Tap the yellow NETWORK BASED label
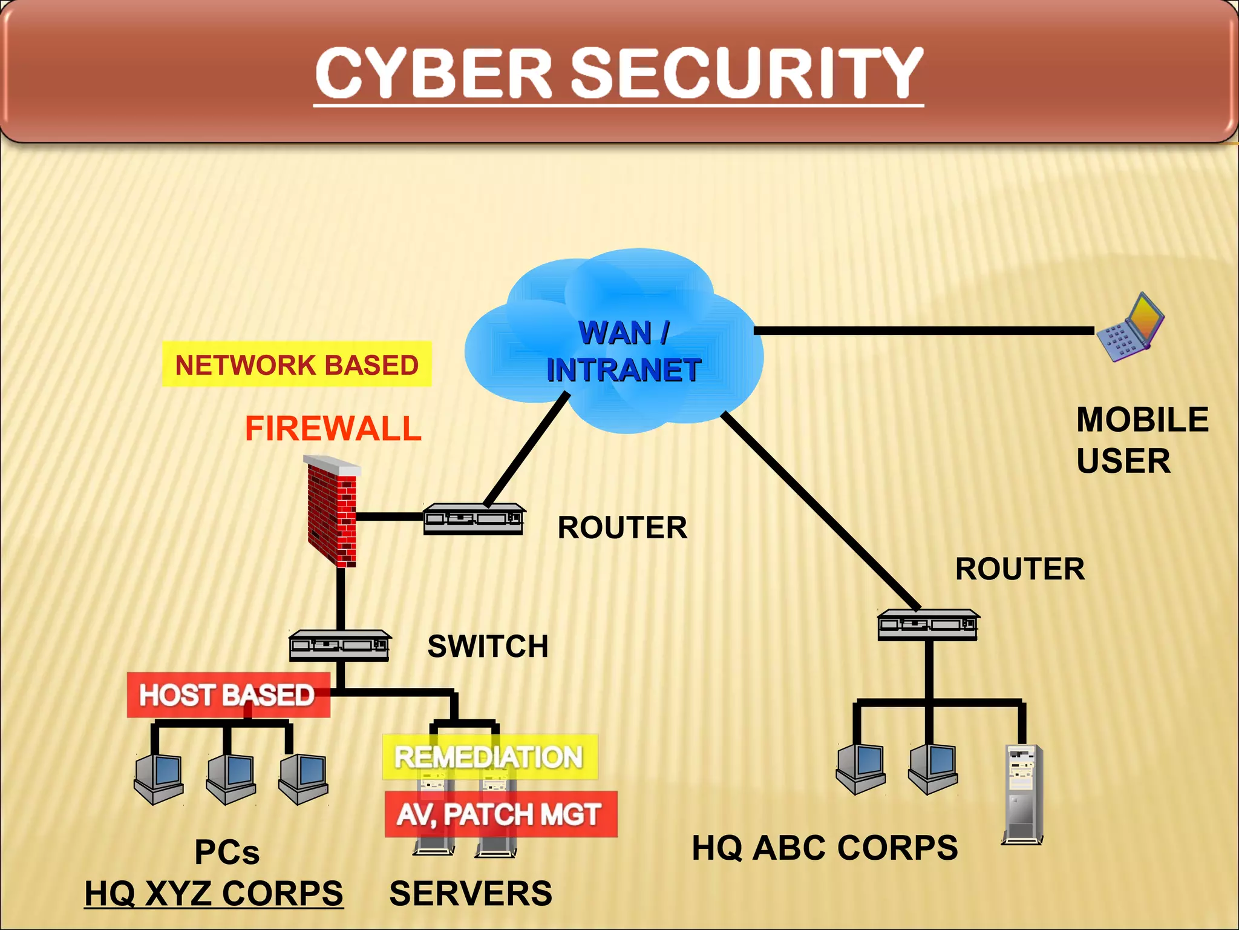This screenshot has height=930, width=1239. (296, 364)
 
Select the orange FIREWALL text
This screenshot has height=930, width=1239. (333, 429)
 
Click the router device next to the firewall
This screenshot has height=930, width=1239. (474, 519)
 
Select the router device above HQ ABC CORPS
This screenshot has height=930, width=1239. (928, 625)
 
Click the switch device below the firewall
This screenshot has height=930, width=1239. (339, 645)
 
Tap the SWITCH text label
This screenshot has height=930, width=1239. (488, 646)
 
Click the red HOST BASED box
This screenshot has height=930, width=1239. (227, 695)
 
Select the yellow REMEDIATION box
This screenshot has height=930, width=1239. (489, 757)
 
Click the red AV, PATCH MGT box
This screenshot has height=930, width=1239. (500, 814)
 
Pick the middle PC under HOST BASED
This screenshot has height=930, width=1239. (230, 778)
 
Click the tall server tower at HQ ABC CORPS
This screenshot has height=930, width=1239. (1023, 793)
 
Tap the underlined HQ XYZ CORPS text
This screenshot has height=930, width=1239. (214, 893)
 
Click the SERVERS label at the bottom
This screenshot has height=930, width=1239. (471, 893)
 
